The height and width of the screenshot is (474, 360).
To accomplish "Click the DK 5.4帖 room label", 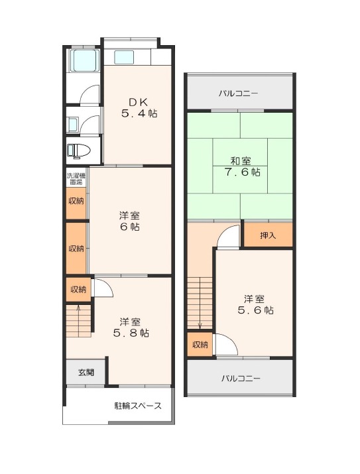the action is [x=139, y=108].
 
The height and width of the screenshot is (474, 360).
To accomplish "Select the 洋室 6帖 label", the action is [x=129, y=221].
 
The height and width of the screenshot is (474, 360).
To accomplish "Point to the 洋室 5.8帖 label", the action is [x=131, y=327].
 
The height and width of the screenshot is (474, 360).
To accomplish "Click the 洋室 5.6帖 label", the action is [x=255, y=305].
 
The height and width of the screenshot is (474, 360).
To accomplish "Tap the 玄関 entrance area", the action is [x=86, y=373].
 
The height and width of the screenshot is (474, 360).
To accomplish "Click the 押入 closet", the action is [x=268, y=235].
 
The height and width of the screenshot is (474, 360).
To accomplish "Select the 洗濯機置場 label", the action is [x=76, y=178].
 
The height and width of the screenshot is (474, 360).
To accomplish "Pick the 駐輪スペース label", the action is [x=138, y=406].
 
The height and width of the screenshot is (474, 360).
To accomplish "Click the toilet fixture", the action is [x=78, y=150].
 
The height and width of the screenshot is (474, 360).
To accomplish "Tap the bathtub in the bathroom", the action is [x=85, y=61].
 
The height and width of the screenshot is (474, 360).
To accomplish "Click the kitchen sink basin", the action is [x=124, y=58].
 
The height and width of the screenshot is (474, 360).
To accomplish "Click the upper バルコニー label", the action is [x=239, y=93].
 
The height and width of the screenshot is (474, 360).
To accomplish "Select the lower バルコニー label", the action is [x=241, y=378].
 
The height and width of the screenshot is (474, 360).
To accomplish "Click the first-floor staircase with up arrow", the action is [x=79, y=321].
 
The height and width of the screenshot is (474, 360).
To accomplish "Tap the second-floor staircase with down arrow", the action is [x=200, y=303].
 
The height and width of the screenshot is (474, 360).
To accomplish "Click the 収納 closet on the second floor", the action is [x=200, y=344].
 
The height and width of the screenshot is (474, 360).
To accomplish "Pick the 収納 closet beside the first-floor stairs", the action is [x=78, y=289].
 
